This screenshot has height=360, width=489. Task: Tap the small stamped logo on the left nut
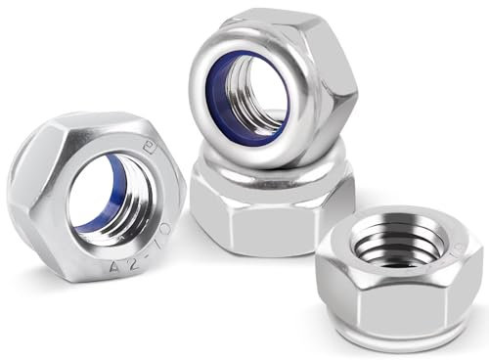click(151, 150)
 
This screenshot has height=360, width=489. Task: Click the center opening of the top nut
click(256, 98)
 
